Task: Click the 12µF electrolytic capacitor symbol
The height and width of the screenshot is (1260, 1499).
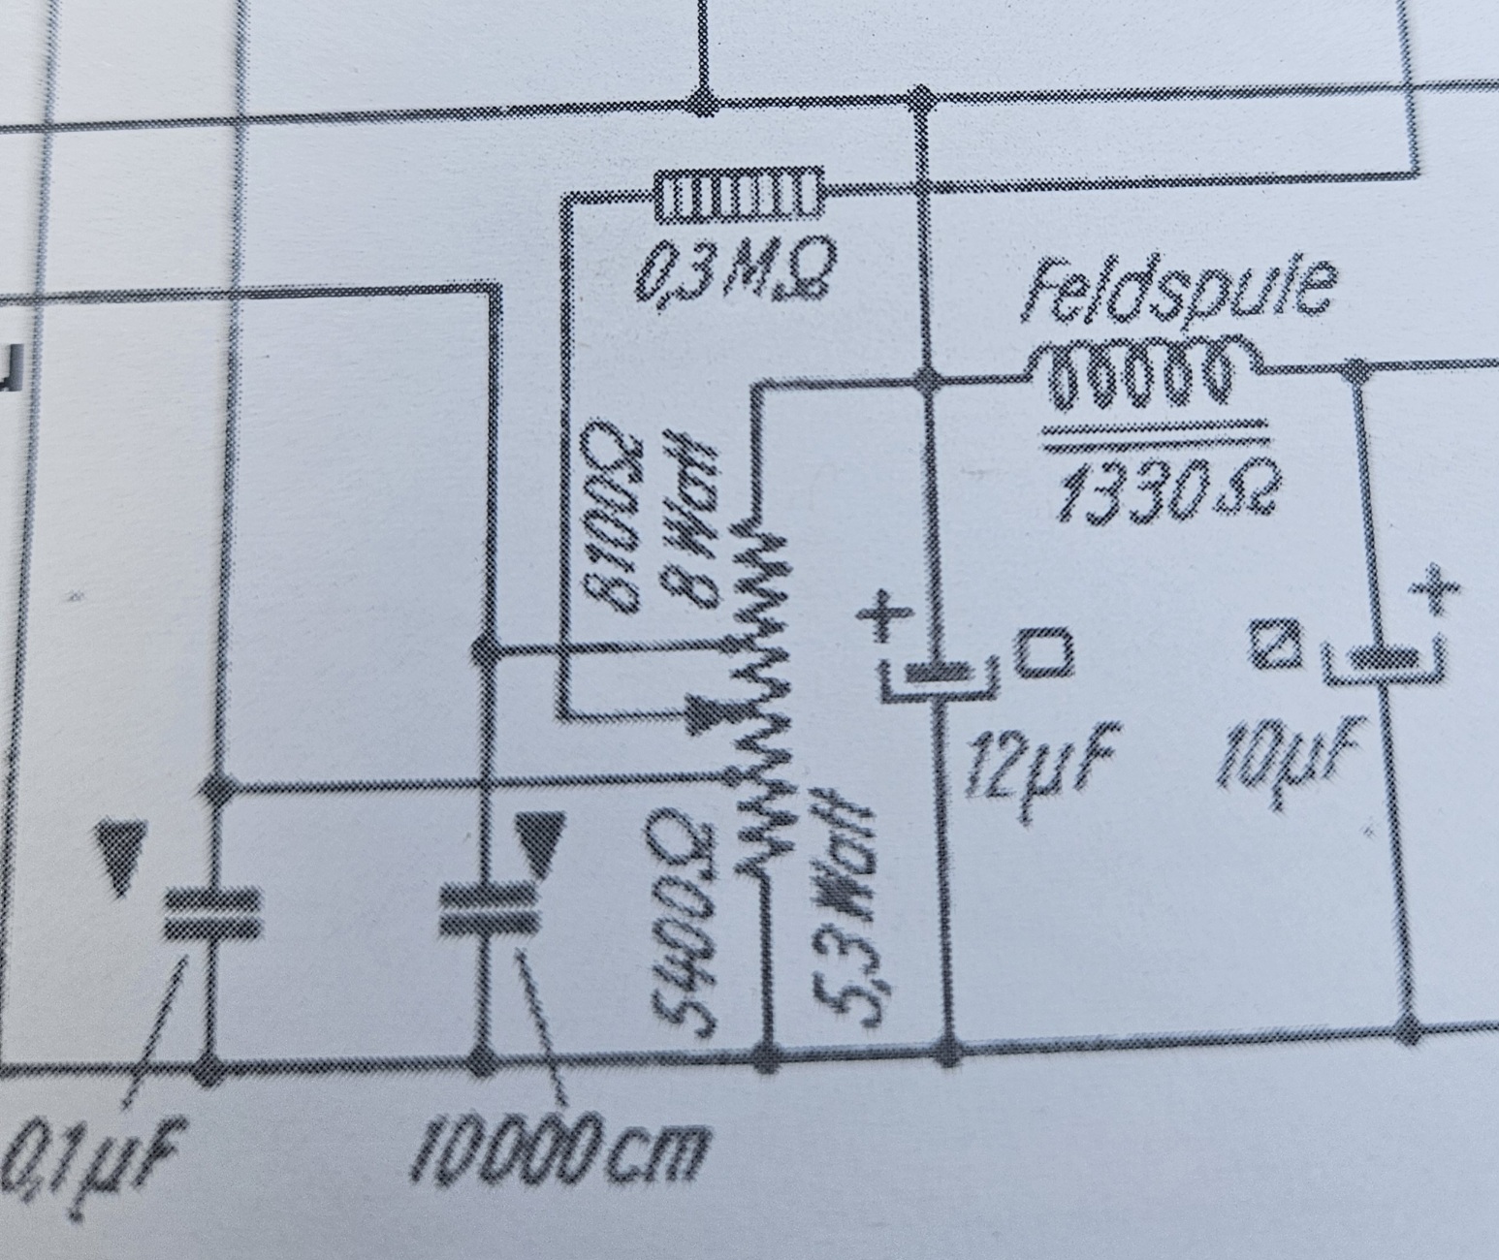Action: click(937, 674)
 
